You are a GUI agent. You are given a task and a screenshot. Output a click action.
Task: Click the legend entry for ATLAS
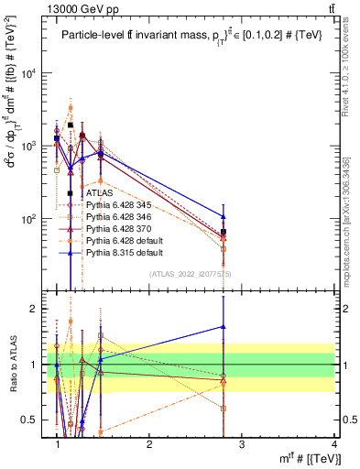98,193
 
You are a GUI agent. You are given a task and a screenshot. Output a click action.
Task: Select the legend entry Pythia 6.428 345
119,206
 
